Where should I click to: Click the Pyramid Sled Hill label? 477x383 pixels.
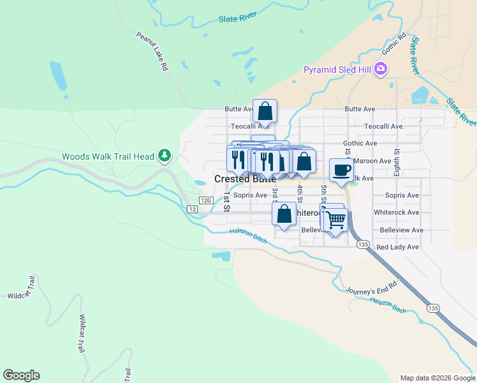(338, 69)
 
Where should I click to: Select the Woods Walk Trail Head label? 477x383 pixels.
(108, 156)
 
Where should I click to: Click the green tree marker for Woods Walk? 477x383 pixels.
(165, 155)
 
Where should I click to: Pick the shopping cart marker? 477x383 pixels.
(335, 220)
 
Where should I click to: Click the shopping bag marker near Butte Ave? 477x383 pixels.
(265, 111)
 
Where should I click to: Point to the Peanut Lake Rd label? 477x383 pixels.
(152, 50)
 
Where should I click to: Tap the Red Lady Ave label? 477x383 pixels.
(397, 247)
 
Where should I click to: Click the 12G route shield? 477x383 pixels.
(205, 200)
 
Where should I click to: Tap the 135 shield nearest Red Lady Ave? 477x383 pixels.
(363, 244)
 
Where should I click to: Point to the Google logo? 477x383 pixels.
(21, 375)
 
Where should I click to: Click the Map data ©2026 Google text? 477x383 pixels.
(437, 378)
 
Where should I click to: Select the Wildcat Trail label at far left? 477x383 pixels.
(21, 296)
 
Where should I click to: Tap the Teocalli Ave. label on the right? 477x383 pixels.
(384, 126)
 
